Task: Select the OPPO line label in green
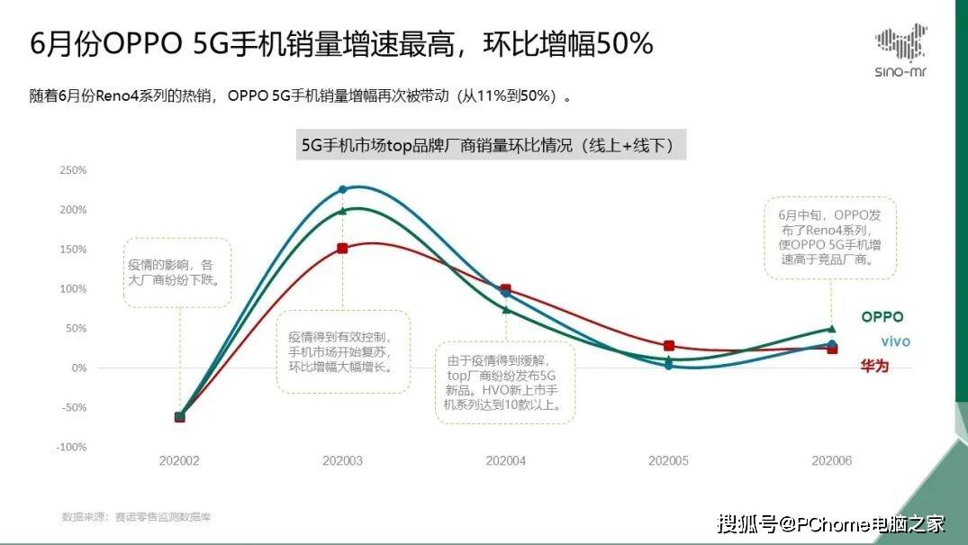pos(882,317)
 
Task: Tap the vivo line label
pos(894,341)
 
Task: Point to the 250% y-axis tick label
pos(73,170)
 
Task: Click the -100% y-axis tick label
pos(72,447)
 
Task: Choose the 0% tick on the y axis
pos(78,368)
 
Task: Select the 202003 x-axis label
pos(342,460)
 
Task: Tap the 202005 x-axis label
pos(668,460)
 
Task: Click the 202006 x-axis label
pos(831,460)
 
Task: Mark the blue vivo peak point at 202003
pos(342,189)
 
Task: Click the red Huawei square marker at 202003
pos(342,248)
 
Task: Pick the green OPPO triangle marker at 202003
pos(342,211)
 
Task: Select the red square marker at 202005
pos(669,346)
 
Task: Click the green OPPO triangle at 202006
pos(831,329)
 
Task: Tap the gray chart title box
pos(492,146)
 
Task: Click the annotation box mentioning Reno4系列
pos(830,237)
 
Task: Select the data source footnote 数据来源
pos(136,516)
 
